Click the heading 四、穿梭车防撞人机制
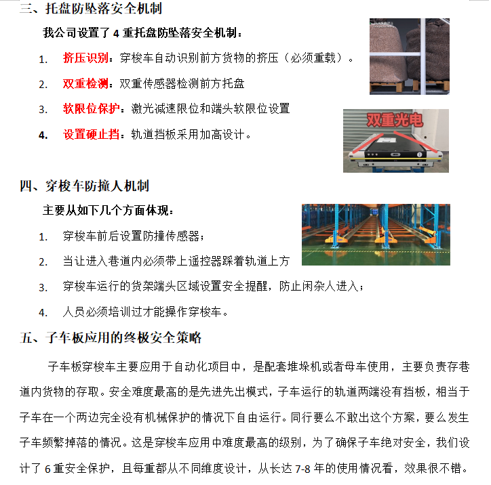click(84, 186)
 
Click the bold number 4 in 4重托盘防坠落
click(116, 33)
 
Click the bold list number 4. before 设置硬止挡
click(43, 135)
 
